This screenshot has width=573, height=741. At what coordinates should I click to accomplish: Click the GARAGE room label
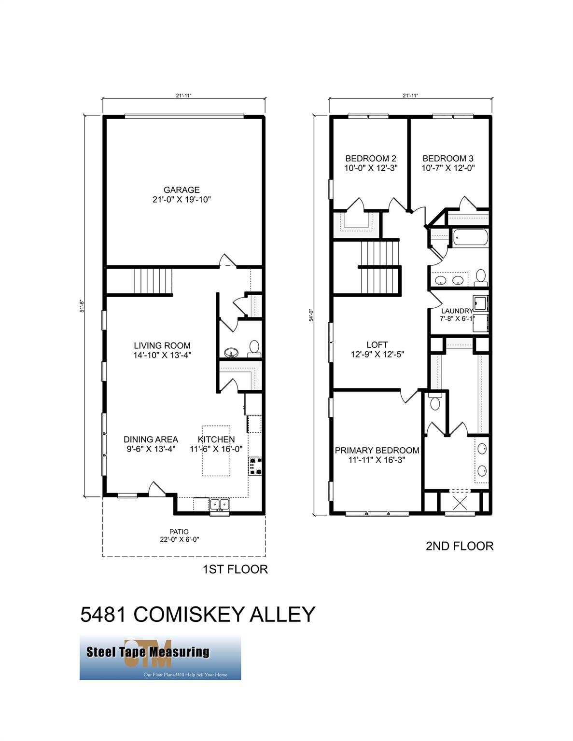pos(182,190)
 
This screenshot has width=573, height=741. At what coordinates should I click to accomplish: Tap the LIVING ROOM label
pos(162,345)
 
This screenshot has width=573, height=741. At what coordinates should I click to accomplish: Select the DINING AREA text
pos(151,439)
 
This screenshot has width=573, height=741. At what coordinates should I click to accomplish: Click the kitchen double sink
pos(220,505)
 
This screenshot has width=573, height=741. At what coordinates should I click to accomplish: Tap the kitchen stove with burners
pos(254,466)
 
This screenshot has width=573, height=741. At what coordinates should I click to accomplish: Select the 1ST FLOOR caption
pos(235,569)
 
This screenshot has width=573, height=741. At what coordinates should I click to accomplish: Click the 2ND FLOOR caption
pos(459,546)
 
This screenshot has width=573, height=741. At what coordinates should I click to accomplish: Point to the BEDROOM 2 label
pos(371,158)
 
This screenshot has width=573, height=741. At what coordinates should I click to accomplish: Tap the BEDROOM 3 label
pos(447,158)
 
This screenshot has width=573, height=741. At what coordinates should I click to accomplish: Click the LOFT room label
pos(377,345)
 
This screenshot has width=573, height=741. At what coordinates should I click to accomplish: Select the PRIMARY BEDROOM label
pos(377,450)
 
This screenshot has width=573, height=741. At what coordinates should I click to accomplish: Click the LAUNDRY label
pos(457,311)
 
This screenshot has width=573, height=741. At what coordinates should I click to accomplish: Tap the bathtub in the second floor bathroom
pos(470,238)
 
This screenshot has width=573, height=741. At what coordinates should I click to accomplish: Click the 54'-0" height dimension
pos(312,315)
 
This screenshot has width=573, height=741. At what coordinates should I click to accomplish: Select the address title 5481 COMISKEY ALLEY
pos(197,614)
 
